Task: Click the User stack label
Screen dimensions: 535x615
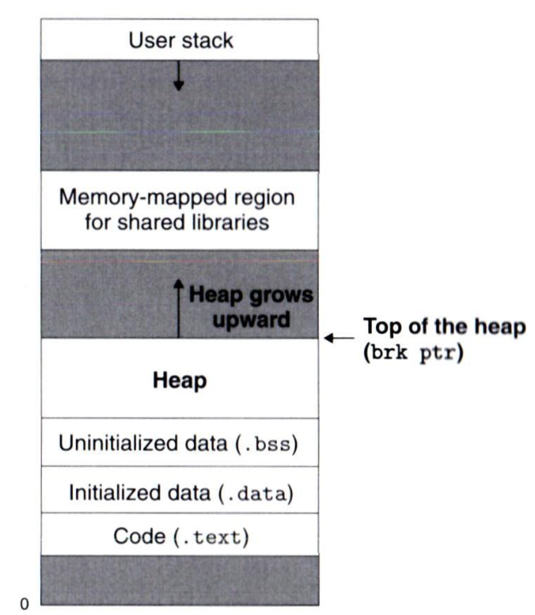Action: click(x=181, y=40)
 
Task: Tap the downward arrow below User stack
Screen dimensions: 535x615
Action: click(x=179, y=76)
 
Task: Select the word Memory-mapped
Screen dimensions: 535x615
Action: click(x=144, y=198)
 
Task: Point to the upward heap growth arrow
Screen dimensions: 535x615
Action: click(x=179, y=308)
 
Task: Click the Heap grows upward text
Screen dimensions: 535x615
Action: click(x=251, y=307)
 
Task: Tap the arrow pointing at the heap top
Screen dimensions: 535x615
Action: click(x=339, y=337)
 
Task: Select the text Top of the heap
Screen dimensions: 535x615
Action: click(x=444, y=326)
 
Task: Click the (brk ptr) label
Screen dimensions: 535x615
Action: click(x=414, y=352)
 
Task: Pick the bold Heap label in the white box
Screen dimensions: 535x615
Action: click(x=179, y=380)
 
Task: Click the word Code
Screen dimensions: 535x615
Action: click(x=139, y=536)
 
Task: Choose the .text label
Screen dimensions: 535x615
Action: click(x=212, y=537)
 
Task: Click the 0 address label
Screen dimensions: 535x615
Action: click(x=24, y=604)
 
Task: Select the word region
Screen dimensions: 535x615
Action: click(x=264, y=199)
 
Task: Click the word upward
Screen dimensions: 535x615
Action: click(x=251, y=319)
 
